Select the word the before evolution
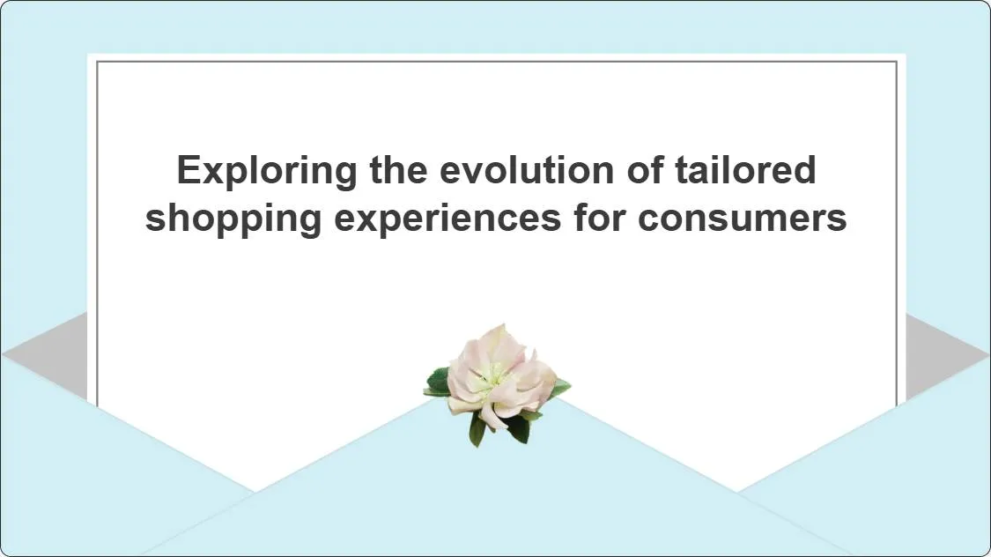tap(397, 169)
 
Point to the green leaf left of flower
tap(437, 382)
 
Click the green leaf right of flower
tap(558, 387)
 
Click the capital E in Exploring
tap(188, 169)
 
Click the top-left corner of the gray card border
tap(97, 62)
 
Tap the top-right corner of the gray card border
tap(897, 62)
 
